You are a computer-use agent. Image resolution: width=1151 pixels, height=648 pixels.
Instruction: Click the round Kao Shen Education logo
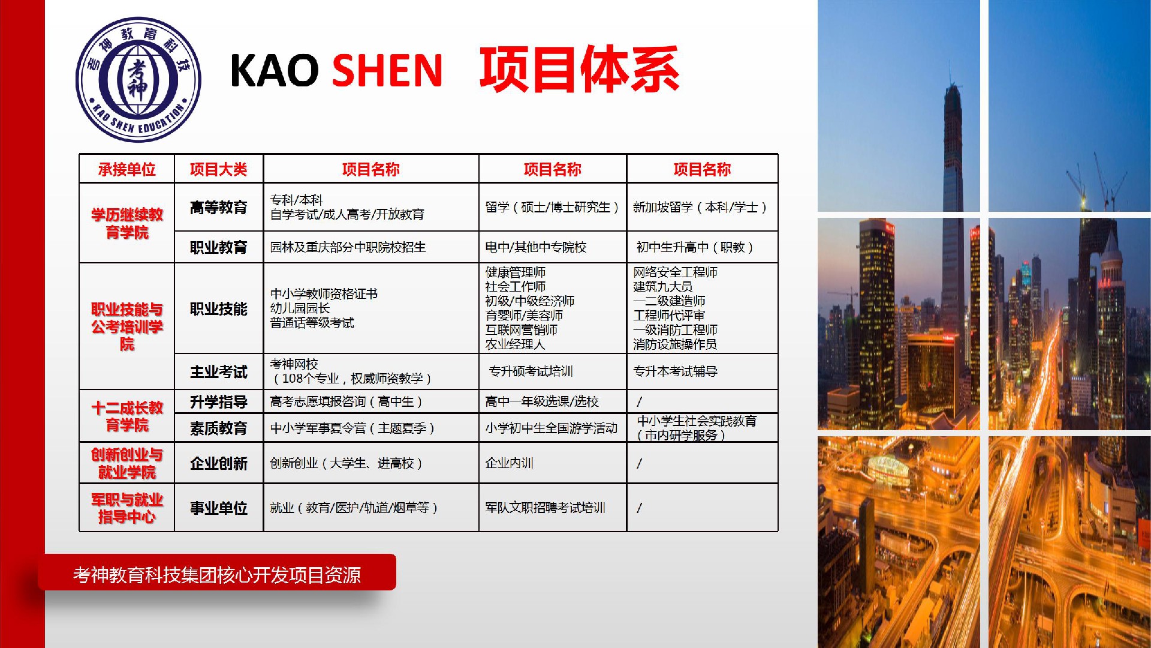138,79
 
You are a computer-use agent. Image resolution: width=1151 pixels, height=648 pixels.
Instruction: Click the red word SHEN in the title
387,70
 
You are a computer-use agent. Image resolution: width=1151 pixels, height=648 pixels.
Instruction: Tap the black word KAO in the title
275,70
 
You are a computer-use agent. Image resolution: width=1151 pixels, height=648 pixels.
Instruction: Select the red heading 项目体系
579,69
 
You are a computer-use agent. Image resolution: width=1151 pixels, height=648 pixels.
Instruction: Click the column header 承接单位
126,169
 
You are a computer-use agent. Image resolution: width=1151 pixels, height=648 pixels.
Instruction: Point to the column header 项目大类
218,169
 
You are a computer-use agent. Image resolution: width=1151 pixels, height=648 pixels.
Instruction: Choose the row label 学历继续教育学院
126,223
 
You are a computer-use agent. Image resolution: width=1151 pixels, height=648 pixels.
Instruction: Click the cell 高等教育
218,208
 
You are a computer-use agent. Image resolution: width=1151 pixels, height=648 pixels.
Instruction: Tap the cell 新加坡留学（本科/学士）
701,207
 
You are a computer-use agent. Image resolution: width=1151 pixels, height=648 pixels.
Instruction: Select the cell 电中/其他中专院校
536,247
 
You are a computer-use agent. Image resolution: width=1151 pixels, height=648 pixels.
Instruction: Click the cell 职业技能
218,309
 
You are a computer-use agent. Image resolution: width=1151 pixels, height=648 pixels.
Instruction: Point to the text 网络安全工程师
675,272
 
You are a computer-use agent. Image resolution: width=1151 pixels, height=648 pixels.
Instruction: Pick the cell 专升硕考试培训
531,371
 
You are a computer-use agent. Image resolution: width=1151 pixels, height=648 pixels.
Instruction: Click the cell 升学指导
218,402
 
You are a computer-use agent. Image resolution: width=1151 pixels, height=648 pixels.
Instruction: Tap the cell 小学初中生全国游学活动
552,428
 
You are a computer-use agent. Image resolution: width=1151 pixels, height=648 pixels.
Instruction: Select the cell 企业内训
509,463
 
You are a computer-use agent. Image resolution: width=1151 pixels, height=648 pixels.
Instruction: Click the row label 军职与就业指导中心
126,508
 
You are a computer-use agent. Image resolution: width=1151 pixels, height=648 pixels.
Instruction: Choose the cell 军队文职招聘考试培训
545,508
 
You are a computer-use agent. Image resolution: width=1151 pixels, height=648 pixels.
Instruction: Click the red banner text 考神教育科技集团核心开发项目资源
217,575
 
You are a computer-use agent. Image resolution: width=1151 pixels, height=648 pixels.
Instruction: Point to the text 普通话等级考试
312,323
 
